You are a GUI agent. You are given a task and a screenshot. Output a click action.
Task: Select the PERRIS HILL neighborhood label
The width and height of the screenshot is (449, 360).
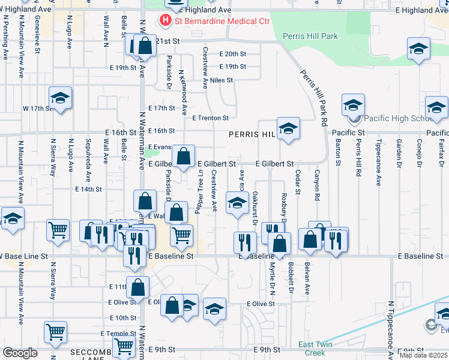tap(251, 135)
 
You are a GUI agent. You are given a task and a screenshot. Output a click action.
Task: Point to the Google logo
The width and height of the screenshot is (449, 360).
tap(20, 352)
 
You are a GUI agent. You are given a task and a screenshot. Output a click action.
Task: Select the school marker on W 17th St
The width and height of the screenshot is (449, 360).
tap(60, 98)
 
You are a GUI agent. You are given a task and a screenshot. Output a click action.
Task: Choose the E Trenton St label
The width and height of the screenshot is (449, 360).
tap(211, 118)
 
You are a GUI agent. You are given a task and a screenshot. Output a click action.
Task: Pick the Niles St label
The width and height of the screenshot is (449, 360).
tap(221, 80)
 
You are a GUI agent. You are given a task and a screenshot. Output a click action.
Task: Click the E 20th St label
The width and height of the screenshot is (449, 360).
tap(233, 54)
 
